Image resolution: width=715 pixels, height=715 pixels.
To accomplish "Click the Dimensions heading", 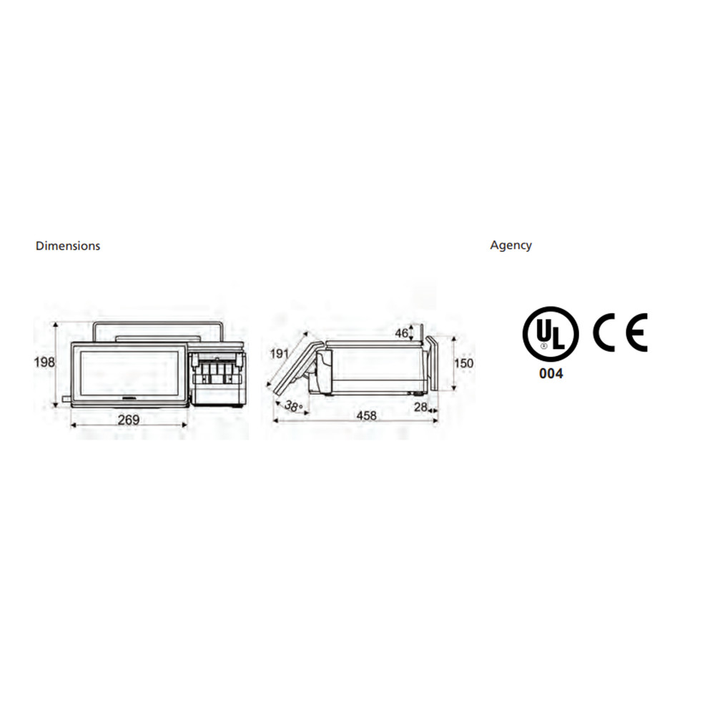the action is click(68, 246).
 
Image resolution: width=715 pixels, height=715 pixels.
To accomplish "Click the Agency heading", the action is click(511, 245).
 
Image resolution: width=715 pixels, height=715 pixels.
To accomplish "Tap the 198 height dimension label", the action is click(44, 363).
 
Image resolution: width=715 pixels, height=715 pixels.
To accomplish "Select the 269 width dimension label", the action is click(129, 420).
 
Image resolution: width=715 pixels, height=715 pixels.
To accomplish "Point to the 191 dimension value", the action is click(280, 354).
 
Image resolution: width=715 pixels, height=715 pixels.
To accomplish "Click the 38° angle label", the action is click(293, 405).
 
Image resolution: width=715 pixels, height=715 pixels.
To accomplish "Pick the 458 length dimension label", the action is click(367, 415).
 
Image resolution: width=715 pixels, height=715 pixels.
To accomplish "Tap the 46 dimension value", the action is click(402, 333).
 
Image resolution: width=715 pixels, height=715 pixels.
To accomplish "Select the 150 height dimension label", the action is click(464, 363).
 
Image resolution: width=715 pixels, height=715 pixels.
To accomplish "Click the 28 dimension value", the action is click(421, 406).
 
